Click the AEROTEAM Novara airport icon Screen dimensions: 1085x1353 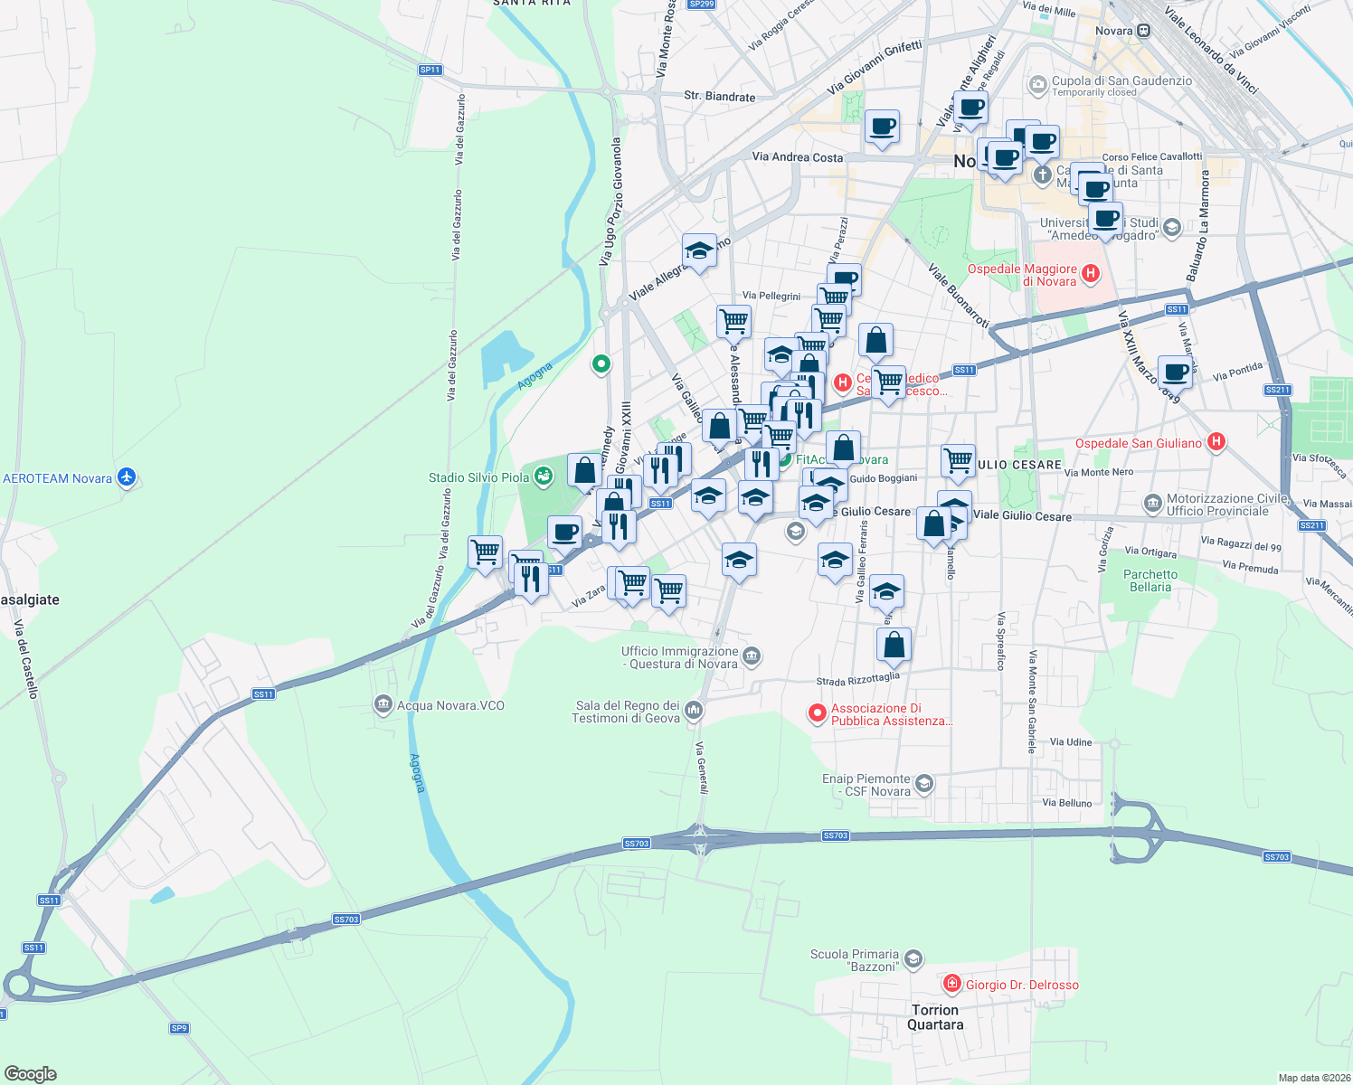pos(127,477)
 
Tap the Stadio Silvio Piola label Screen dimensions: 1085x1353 pos(478,477)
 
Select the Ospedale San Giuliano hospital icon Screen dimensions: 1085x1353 pos(1216,442)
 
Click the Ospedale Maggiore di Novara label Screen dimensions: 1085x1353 pos(1022,275)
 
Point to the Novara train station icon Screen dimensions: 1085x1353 pos(1144,31)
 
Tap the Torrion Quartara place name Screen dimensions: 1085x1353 pos(935,1017)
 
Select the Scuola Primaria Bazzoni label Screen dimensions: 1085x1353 pos(854,960)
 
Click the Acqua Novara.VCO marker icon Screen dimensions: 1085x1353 pos(383,705)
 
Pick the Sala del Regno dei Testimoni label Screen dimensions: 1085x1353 pos(626,712)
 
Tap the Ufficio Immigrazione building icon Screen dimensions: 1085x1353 pos(752,656)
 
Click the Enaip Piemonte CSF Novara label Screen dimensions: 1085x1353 pos(866,785)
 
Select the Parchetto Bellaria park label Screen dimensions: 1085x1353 pos(1150,580)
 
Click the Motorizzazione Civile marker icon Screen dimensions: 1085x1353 pos(1152,503)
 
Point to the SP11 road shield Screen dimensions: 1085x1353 pos(430,70)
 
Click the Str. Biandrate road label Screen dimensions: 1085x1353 pos(719,96)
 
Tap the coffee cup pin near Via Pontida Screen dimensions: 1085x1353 pos(1175,372)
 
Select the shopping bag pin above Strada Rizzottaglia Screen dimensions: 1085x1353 pos(894,646)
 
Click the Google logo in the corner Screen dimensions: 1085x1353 pos(30,1073)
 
